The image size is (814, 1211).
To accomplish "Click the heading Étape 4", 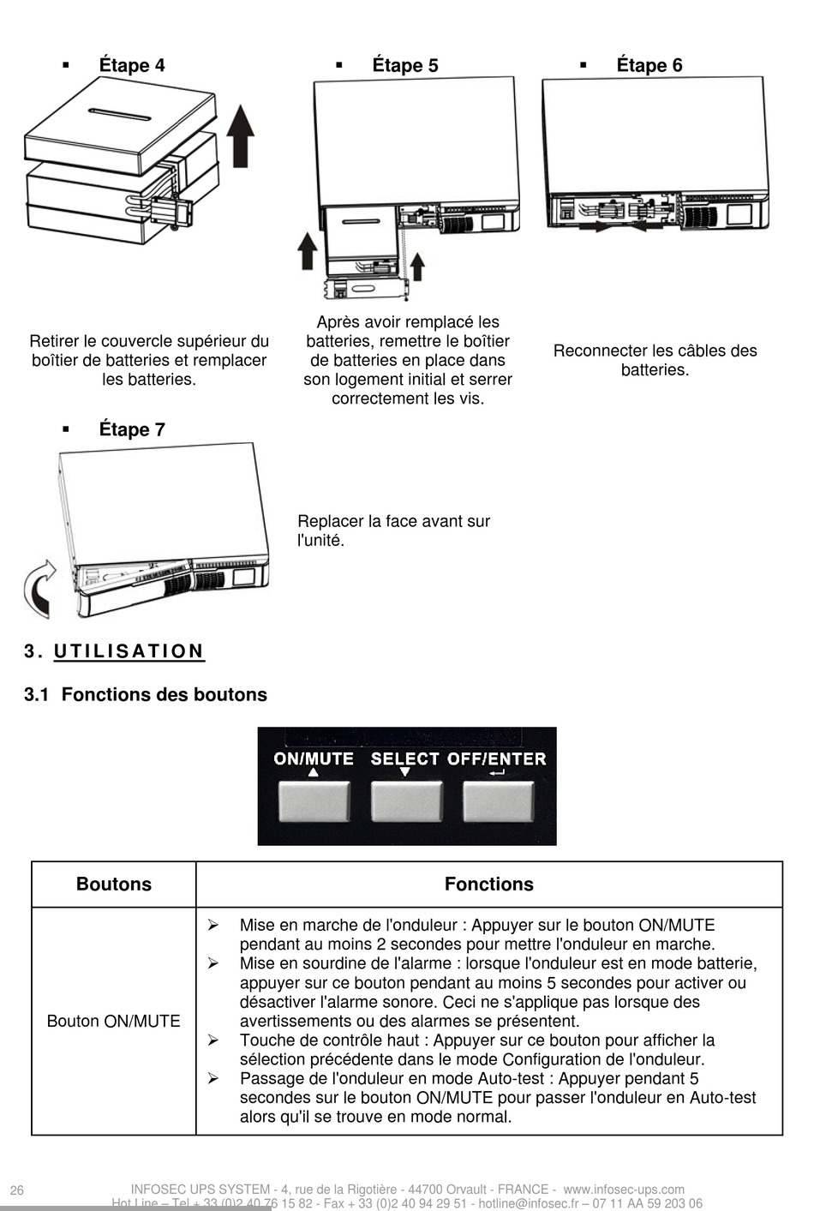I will pos(131,66).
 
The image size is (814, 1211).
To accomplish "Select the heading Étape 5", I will pos(404,66).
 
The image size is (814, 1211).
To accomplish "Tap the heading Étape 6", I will pos(649,66).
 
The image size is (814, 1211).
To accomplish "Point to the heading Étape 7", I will pos(131,429).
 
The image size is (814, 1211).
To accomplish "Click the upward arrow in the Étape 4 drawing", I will pos(242,136).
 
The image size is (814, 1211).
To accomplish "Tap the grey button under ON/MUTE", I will pos(314,800).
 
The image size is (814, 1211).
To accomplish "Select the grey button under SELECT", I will pos(406,800).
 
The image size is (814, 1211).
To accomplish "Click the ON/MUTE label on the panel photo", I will pos(314,758).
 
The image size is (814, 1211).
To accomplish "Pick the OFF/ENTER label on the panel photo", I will pos(497,758).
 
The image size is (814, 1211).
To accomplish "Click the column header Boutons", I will pos(113,884).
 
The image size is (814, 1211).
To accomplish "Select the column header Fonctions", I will pos(488,884).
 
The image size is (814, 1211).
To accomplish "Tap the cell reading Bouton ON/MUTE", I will pos(113,1021).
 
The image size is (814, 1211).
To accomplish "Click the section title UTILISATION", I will pos(129,651).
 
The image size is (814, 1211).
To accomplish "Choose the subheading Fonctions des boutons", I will pos(164,694).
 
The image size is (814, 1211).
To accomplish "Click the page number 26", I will pos(17,1190).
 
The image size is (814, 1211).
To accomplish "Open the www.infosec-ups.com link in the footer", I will pos(624,1190).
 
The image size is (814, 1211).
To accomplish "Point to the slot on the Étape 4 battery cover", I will pos(120,113).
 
